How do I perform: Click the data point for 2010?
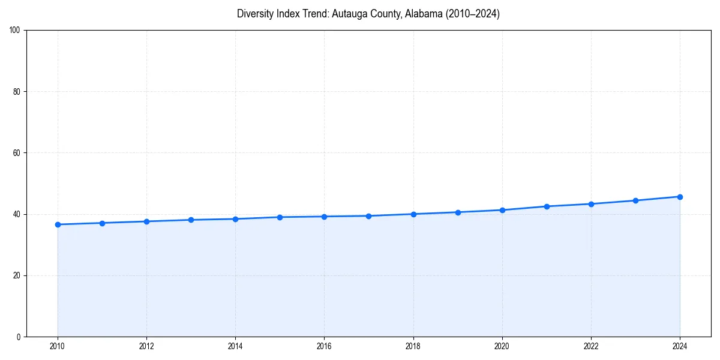point(58,224)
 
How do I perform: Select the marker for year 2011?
point(102,223)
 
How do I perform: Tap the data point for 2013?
point(191,220)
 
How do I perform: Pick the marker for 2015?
point(280,217)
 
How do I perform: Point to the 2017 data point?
point(368,216)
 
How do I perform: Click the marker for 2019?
point(458,212)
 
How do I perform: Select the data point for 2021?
point(547,206)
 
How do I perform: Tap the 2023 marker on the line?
point(635,200)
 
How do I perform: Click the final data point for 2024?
point(680,197)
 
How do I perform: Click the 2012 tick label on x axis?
point(146,346)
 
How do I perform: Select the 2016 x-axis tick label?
point(324,346)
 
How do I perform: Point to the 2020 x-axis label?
point(502,346)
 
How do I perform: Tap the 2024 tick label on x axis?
point(680,346)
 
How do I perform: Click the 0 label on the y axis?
point(19,337)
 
